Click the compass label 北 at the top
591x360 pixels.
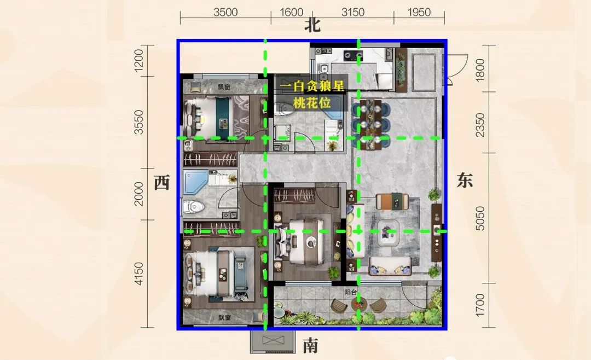tap(312, 26)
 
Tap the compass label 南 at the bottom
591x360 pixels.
tap(311, 345)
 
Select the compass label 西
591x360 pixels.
tap(162, 183)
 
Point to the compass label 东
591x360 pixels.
tap(465, 180)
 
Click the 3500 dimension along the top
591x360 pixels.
tap(225, 13)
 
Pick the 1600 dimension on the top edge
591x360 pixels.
tap(291, 13)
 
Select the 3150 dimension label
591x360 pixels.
tap(353, 13)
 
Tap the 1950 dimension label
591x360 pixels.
tap(419, 13)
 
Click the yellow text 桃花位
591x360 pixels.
tap(312, 102)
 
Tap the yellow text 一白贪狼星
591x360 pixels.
tap(312, 86)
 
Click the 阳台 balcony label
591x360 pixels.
tap(351, 292)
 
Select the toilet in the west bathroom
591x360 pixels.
tap(193, 206)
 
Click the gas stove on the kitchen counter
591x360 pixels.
tap(353, 56)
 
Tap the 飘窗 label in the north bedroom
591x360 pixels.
tap(224, 87)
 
